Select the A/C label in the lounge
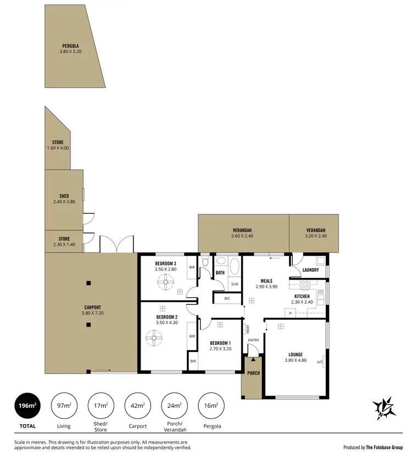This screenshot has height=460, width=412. point(320,362)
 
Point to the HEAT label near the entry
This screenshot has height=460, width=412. point(248,329)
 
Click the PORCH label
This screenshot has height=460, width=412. point(253,373)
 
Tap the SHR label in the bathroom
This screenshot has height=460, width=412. point(235,284)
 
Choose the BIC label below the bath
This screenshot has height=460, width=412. point(227,299)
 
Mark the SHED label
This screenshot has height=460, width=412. point(64,196)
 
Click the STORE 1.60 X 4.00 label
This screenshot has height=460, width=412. point(58,145)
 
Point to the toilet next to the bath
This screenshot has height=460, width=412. point(205,263)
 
